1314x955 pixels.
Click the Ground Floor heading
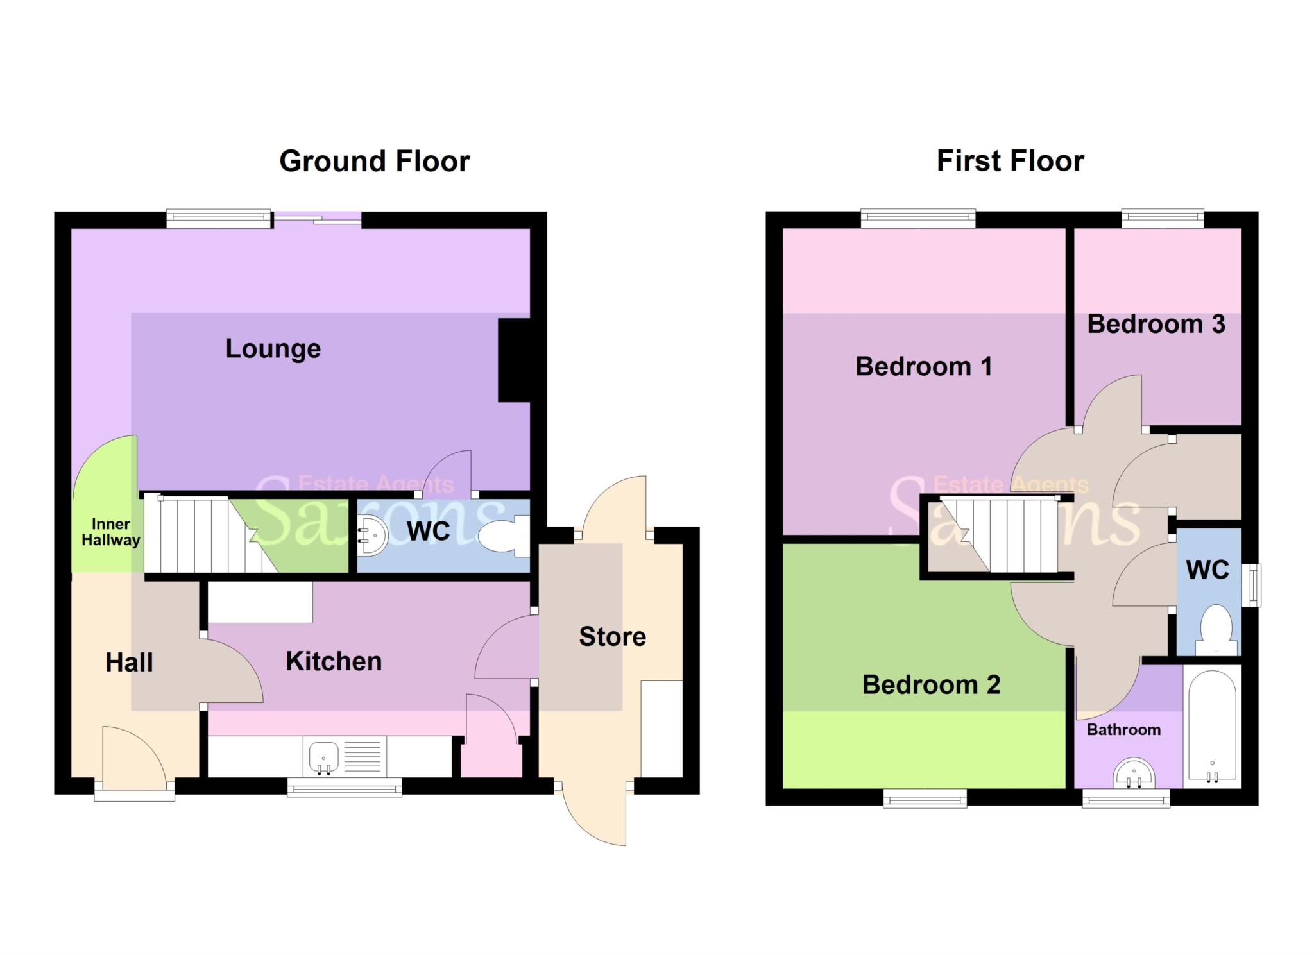tap(374, 161)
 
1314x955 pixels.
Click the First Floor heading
tap(1010, 161)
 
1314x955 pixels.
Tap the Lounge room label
tap(273, 349)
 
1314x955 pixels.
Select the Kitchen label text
tap(334, 661)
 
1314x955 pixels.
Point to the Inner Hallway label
tap(110, 532)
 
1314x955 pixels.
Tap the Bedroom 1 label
tap(923, 367)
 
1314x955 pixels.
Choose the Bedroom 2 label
tap(931, 685)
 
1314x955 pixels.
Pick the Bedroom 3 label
tap(1156, 325)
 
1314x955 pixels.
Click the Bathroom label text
tap(1123, 730)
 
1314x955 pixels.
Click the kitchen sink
tap(324, 757)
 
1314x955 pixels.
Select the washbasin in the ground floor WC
tap(372, 536)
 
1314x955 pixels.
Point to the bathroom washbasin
tap(1135, 774)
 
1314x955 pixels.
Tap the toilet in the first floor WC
tap(1216, 630)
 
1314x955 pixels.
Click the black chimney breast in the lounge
tap(514, 361)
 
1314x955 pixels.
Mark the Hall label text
tap(129, 663)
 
